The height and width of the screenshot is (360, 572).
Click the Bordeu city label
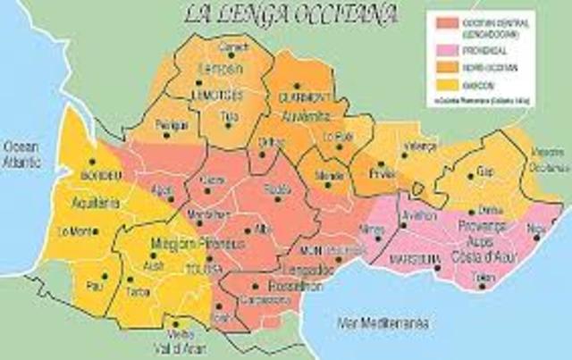point(99,174)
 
